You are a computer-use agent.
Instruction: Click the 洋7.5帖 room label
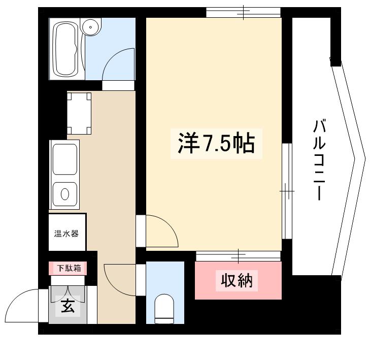pyautogui.click(x=216, y=145)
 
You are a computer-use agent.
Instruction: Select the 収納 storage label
pyautogui.click(x=237, y=280)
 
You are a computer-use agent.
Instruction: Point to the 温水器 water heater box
pyautogui.click(x=67, y=234)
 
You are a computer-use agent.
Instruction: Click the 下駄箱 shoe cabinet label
pyautogui.click(x=67, y=268)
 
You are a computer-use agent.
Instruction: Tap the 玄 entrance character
pyautogui.click(x=67, y=306)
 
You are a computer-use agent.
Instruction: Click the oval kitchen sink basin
pyautogui.click(x=65, y=194)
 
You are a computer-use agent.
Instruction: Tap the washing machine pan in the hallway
pyautogui.click(x=80, y=113)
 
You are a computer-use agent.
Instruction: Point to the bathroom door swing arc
pyautogui.click(x=118, y=63)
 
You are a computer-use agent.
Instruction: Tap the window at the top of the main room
pyautogui.click(x=243, y=12)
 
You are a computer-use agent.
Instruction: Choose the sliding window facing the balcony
pyautogui.click(x=287, y=190)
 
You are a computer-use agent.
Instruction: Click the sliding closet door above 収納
pyautogui.click(x=238, y=255)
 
